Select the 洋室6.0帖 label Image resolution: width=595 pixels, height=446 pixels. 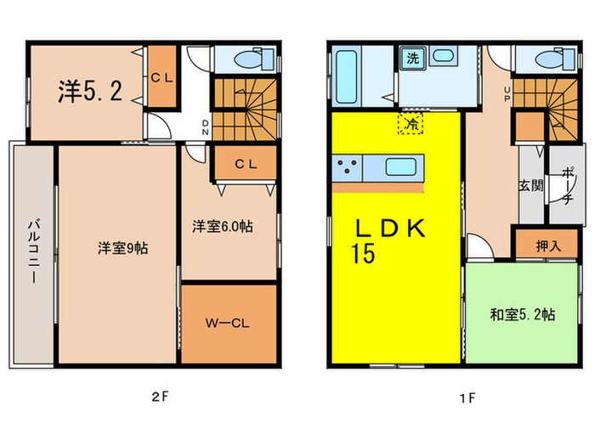tap(221, 227)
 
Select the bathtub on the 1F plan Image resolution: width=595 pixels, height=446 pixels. tap(349, 76)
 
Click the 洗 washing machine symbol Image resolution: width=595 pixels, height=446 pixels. tap(411, 59)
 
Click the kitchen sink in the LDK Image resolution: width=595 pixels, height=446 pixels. tap(399, 167)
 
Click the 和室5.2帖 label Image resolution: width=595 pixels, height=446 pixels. tap(523, 314)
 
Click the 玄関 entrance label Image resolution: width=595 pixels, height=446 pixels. tap(531, 186)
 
